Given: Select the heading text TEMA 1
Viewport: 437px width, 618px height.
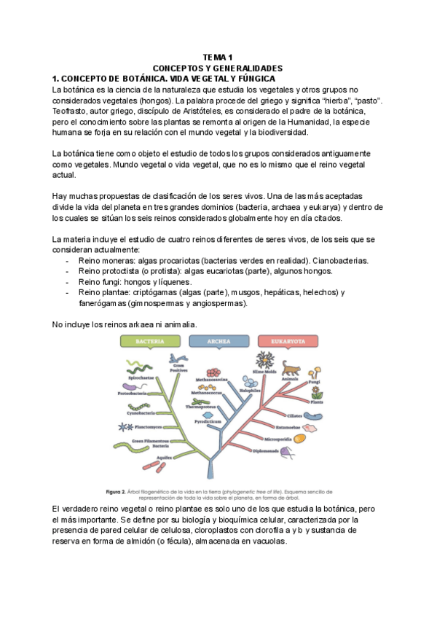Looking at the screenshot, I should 218,57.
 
